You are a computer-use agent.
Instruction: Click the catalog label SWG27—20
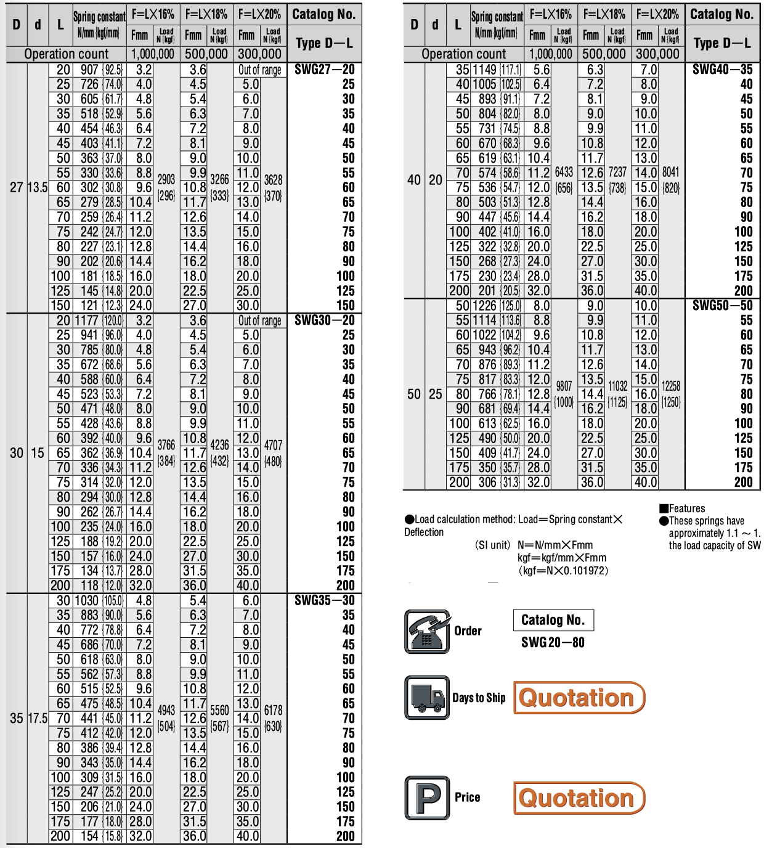click(324, 69)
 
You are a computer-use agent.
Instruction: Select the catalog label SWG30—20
click(324, 320)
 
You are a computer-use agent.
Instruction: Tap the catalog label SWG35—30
click(324, 600)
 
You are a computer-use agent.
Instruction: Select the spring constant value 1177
click(86, 320)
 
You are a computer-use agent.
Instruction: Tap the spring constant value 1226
click(484, 306)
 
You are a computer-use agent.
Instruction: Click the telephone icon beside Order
click(427, 631)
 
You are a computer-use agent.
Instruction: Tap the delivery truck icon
click(427, 698)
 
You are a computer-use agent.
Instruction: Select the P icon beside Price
click(427, 797)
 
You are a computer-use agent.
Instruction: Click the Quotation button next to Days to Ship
click(579, 698)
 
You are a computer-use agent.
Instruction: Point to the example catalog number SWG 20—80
click(553, 642)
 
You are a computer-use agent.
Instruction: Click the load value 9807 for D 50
click(564, 386)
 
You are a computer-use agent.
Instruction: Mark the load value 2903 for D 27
click(166, 179)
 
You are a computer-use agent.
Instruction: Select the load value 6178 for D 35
click(273, 711)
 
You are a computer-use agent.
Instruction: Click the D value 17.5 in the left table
click(38, 719)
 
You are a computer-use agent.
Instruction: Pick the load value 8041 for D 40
click(671, 173)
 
